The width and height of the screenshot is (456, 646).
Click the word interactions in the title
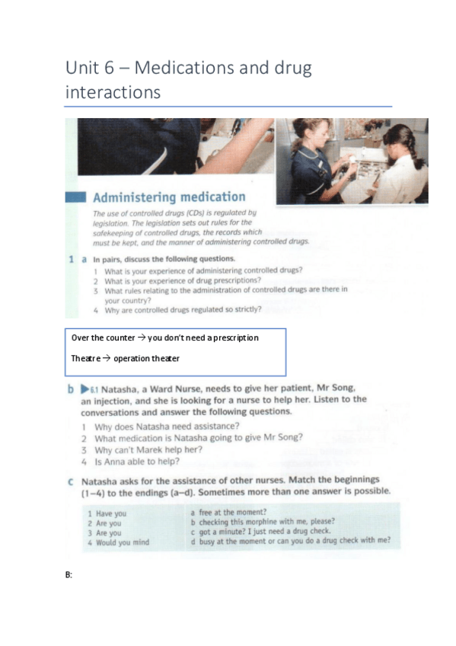pyautogui.click(x=113, y=92)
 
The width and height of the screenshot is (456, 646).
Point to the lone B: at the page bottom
pyautogui.click(x=69, y=574)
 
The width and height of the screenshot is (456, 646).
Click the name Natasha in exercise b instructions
pyautogui.click(x=123, y=388)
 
